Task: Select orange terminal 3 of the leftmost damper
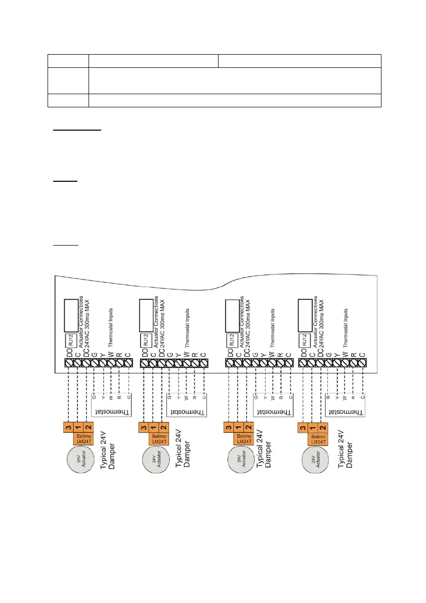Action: pyautogui.click(x=68, y=427)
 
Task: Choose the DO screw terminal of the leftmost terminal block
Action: pyautogui.click(x=69, y=363)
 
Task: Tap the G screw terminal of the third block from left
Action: pyautogui.click(x=255, y=363)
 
